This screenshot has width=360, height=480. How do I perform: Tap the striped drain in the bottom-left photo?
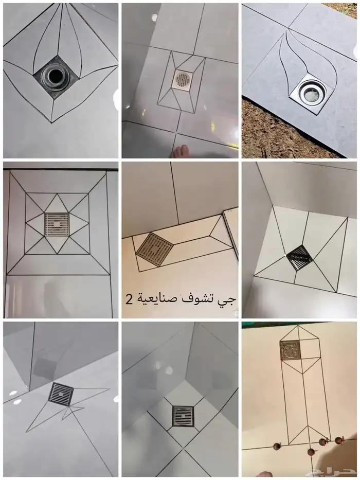[x=62, y=395]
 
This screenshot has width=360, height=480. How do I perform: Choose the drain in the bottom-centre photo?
[x=183, y=416]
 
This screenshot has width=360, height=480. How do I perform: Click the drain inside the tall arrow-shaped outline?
[x=290, y=350]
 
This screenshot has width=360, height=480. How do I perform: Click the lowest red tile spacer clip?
[x=310, y=452]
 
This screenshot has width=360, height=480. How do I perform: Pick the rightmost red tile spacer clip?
[x=338, y=440]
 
